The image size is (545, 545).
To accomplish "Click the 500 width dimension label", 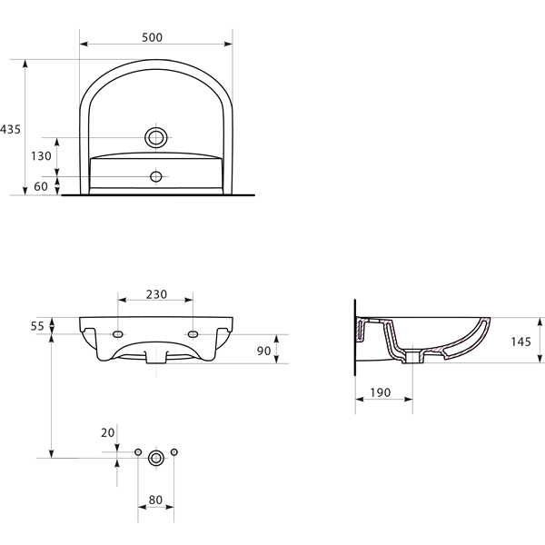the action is click(152, 37).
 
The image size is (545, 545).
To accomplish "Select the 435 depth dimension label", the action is click(10, 129).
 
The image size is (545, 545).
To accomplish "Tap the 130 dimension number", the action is click(41, 156).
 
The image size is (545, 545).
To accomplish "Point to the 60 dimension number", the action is click(41, 186).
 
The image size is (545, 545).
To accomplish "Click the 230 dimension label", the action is click(156, 294).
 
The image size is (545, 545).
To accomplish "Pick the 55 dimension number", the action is click(37, 326).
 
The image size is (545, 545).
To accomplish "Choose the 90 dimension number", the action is click(263, 351).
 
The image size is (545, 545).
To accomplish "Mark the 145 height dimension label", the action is click(521, 342).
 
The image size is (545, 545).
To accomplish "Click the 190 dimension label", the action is click(381, 392).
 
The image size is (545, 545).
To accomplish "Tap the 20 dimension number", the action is click(108, 432).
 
